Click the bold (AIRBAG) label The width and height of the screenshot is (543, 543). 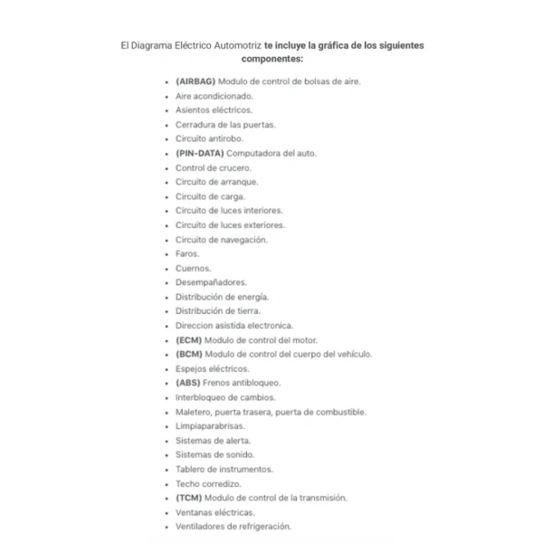(196, 81)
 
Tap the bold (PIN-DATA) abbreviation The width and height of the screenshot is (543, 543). (200, 153)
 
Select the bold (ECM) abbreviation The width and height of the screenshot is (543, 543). (189, 339)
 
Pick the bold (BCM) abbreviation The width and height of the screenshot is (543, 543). (189, 354)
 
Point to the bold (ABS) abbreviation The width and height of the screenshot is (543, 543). (189, 383)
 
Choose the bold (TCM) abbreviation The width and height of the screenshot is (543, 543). (189, 498)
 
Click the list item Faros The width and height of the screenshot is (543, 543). (187, 253)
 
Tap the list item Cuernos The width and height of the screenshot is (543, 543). (193, 268)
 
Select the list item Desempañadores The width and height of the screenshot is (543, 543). (211, 282)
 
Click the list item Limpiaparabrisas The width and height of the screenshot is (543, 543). (210, 425)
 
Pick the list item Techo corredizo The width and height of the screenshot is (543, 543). (208, 483)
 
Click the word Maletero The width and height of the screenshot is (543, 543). (195, 412)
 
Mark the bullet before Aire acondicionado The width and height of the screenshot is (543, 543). (167, 96)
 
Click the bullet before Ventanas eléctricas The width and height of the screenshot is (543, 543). (167, 512)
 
